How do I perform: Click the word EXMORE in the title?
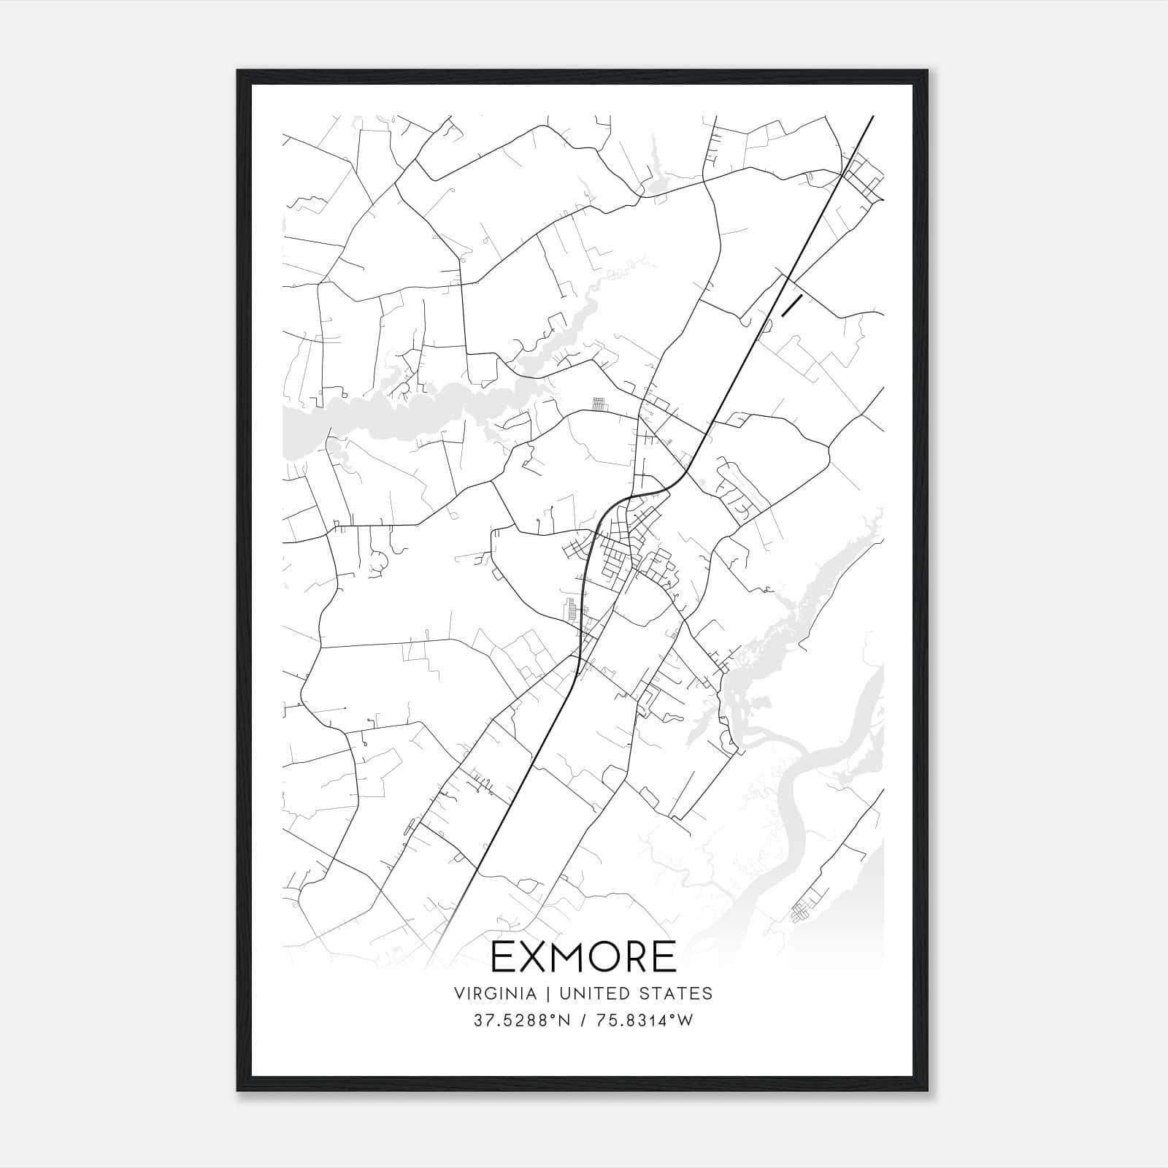583,957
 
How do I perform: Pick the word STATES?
676,994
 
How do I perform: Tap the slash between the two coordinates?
583,1021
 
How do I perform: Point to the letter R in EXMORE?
637,957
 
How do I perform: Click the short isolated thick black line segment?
792,306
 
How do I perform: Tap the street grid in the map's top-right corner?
863,175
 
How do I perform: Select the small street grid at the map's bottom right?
804,909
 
